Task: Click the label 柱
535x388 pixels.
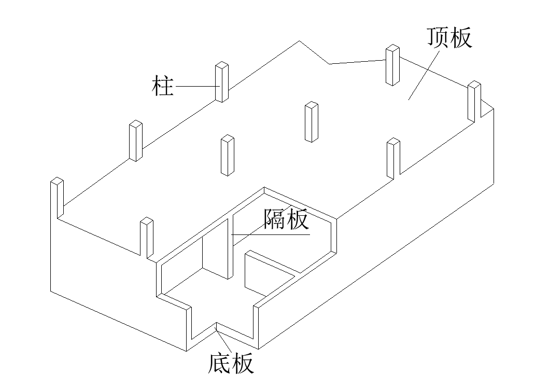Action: [x=162, y=86]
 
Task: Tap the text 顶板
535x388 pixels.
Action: [x=449, y=38]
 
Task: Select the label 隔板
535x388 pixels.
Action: [x=286, y=219]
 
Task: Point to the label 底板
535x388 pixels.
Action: [x=231, y=364]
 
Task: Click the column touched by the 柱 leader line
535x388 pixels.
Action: [x=222, y=82]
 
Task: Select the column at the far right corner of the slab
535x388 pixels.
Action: [x=473, y=101]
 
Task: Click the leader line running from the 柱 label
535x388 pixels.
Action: [x=194, y=86]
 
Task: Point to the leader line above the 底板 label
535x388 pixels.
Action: [x=224, y=340]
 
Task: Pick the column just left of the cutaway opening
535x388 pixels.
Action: [x=147, y=238]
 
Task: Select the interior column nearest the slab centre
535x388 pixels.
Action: [x=312, y=122]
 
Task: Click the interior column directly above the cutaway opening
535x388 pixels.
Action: [x=227, y=155]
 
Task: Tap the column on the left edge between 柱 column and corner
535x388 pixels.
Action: [x=135, y=141]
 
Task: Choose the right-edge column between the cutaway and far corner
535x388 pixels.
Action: [x=393, y=158]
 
